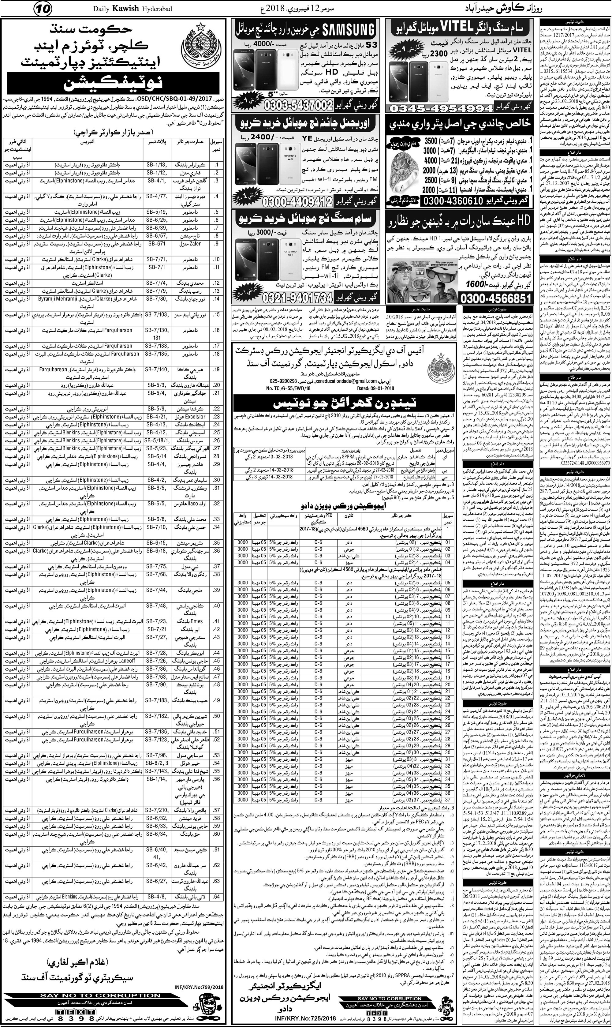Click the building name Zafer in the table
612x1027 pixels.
[x=195, y=255]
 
